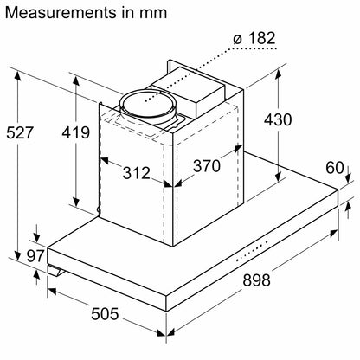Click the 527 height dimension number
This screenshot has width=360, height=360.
click(20, 133)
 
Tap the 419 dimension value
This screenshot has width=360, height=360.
click(76, 132)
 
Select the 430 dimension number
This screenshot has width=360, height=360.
click(278, 119)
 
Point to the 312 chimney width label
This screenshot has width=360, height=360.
click(137, 173)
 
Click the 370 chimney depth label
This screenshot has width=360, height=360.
click(207, 166)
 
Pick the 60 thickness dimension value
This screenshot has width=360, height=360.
click(335, 168)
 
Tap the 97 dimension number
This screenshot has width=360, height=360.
click(35, 255)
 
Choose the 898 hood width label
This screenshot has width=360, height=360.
click(256, 280)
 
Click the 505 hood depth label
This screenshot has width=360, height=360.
click(105, 313)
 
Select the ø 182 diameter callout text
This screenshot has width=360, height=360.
click(254, 38)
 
